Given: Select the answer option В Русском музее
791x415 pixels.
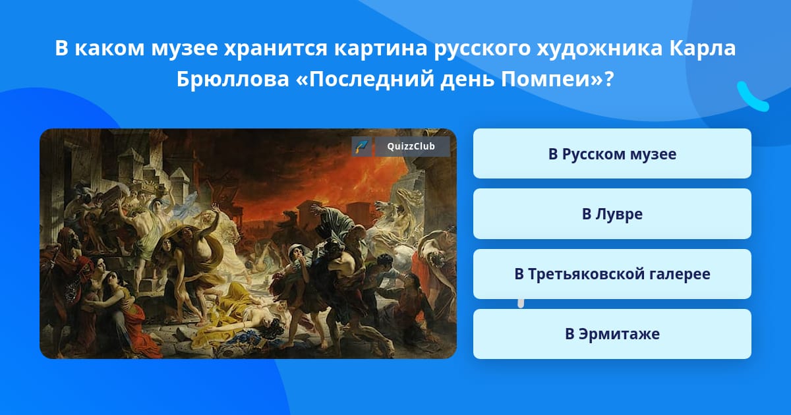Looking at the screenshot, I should [x=612, y=153].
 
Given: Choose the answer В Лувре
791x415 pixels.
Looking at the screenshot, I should [x=612, y=214].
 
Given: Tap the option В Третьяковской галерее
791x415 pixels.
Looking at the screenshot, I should [x=612, y=274].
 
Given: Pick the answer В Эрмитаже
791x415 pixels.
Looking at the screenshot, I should [x=612, y=334].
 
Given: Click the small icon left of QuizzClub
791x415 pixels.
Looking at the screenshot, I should [x=362, y=146].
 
